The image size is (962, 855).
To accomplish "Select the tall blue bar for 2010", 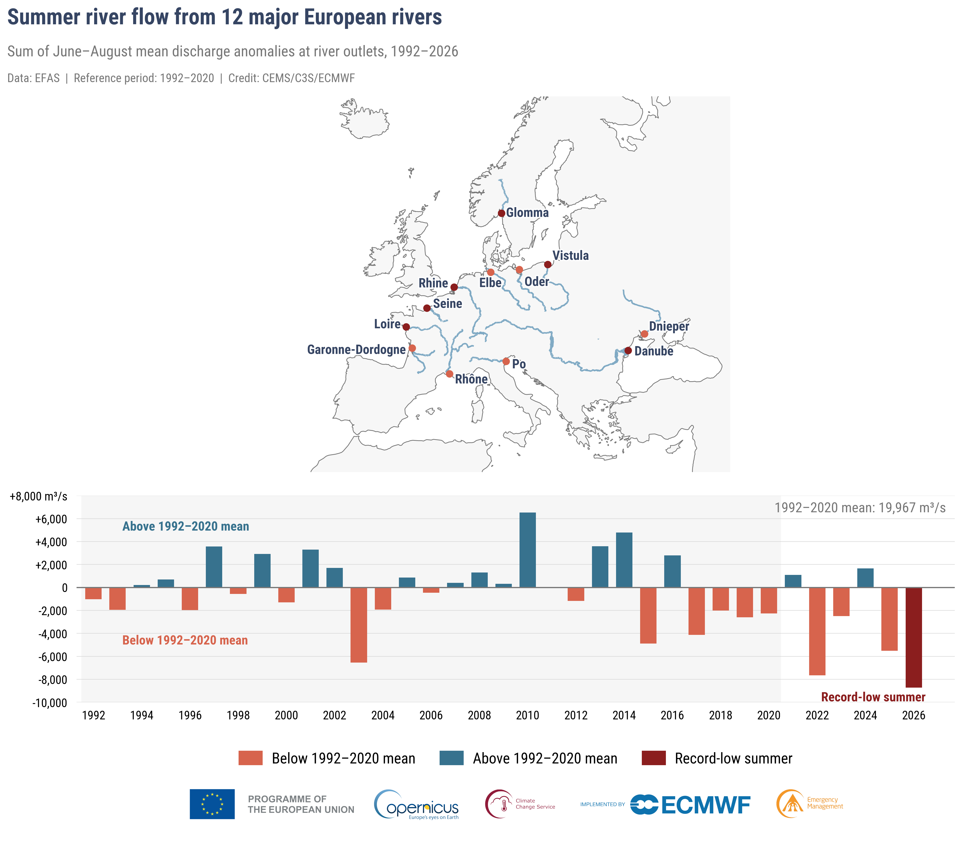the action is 528,550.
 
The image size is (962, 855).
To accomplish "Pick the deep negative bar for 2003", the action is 359,625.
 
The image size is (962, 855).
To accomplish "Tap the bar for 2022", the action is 817,631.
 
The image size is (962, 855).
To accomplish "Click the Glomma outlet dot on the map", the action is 501,213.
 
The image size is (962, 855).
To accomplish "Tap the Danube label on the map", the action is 654,351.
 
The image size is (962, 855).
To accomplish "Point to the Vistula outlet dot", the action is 547,265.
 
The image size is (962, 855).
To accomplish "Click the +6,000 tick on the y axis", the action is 51,519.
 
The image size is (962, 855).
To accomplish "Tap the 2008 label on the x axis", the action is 479,715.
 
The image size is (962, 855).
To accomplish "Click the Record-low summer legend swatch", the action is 654,758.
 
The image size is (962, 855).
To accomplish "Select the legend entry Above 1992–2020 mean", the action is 528,758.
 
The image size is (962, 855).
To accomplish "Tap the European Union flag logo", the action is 212,804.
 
